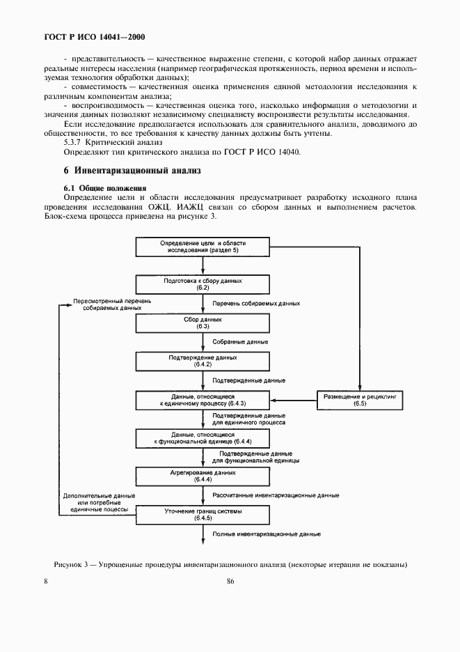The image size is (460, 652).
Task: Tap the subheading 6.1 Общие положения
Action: (x=105, y=188)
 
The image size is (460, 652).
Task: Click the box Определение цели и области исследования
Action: (x=203, y=247)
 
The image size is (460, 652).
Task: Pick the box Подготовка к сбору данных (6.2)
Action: (x=203, y=284)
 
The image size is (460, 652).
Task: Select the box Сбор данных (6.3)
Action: (x=203, y=323)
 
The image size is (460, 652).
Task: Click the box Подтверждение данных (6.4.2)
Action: (x=203, y=361)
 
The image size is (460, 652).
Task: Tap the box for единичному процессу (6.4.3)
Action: (x=203, y=400)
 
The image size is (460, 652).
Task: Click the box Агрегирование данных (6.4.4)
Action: (x=203, y=476)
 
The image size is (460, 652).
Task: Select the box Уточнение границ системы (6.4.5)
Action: (x=203, y=514)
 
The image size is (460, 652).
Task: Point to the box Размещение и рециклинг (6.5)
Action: (x=360, y=399)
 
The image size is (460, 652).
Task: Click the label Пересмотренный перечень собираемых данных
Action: (x=111, y=304)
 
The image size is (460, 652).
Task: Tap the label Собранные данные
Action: (x=240, y=342)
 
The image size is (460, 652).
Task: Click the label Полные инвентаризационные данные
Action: (x=267, y=534)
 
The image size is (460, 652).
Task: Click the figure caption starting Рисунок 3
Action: (x=230, y=564)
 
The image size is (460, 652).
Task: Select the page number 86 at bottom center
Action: (x=230, y=582)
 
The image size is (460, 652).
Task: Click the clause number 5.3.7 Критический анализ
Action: (x=103, y=142)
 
